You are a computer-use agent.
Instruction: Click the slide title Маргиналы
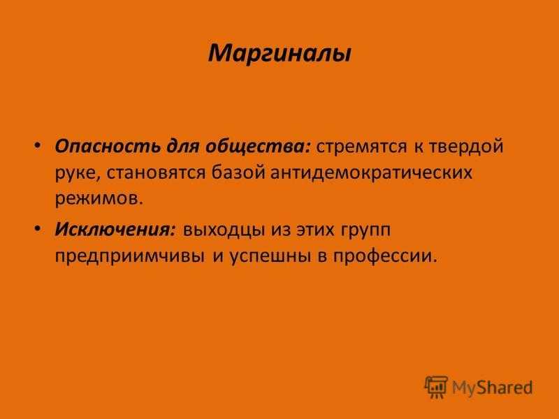click(x=280, y=54)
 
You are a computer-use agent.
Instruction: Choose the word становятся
click(x=156, y=172)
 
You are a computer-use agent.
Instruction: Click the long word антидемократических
click(x=372, y=173)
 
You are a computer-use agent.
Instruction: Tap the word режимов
click(x=99, y=199)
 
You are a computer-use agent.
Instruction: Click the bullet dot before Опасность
click(x=38, y=146)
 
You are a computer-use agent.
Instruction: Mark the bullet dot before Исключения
click(x=38, y=229)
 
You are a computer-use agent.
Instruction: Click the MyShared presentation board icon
click(x=436, y=387)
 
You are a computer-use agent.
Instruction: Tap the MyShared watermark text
click(x=493, y=388)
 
